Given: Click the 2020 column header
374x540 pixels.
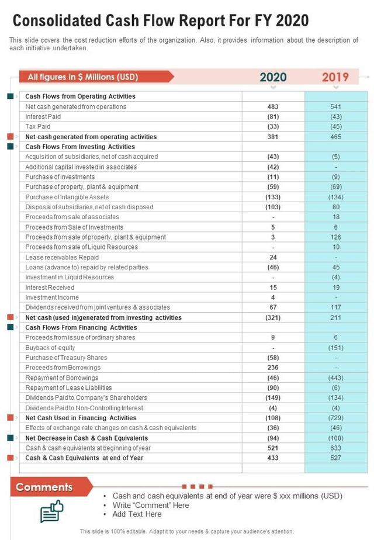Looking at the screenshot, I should pyautogui.click(x=273, y=77).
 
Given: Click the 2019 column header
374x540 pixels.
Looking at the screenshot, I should pyautogui.click(x=335, y=77).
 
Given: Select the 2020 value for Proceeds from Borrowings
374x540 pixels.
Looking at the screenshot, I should pyautogui.click(x=273, y=368).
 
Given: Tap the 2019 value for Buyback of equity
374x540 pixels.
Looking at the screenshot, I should pyautogui.click(x=336, y=348).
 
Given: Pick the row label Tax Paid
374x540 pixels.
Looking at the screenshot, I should pyautogui.click(x=38, y=126).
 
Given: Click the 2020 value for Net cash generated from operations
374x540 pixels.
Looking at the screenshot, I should pyautogui.click(x=273, y=106).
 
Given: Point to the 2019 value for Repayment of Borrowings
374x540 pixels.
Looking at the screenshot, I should pyautogui.click(x=336, y=378).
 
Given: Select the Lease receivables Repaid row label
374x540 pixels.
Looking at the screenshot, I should pyautogui.click(x=62, y=257).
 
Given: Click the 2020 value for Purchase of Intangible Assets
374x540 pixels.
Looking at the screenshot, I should pyautogui.click(x=273, y=197).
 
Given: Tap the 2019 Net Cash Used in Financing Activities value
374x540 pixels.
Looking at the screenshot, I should pyautogui.click(x=336, y=418).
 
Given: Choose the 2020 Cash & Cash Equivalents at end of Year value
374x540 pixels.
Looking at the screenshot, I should pyautogui.click(x=273, y=458).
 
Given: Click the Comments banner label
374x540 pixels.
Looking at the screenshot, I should pyautogui.click(x=44, y=487).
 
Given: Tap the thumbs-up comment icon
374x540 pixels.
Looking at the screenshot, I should pyautogui.click(x=51, y=511).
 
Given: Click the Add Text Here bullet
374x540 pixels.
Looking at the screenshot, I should pyautogui.click(x=137, y=514).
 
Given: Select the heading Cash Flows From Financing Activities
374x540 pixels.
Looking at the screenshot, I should pyautogui.click(x=81, y=327).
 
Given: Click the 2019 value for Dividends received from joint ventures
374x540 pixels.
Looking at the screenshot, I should pyautogui.click(x=336, y=307).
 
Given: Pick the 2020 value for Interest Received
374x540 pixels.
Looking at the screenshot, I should pyautogui.click(x=273, y=288).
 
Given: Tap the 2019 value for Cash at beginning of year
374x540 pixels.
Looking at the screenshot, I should pyautogui.click(x=336, y=448).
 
